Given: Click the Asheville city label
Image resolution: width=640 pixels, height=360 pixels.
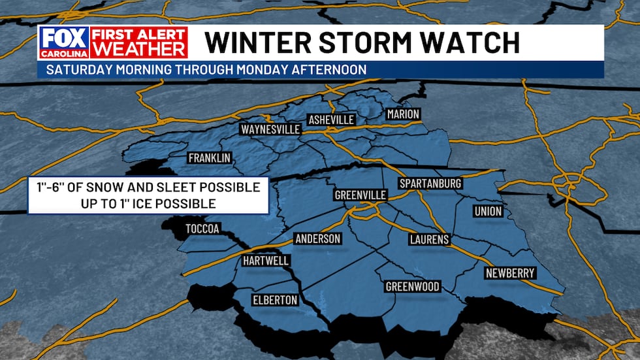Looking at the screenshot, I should tap(331, 120).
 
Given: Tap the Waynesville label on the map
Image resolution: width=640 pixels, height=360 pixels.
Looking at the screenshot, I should tap(270, 129).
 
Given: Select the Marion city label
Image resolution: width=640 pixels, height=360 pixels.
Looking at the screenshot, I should tap(403, 114).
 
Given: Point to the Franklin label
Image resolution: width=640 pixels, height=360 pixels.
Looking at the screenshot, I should tap(210, 158).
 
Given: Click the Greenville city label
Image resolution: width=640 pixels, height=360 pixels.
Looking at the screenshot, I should tap(360, 195).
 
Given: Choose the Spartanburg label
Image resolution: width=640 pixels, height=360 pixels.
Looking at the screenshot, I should tap(430, 184).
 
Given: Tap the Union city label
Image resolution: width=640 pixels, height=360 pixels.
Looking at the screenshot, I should tap(488, 211).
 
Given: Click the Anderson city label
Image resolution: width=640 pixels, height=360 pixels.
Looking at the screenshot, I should tap(318, 238).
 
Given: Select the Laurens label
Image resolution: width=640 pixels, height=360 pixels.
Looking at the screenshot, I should tap(429, 240).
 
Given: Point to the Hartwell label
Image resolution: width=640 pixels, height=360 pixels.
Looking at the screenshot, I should tap(266, 261).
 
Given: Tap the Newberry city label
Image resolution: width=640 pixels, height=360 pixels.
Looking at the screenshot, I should tap(510, 273).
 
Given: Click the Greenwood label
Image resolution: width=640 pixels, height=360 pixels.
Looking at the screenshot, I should tap(412, 287).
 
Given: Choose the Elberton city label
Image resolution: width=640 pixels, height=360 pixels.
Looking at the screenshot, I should tap(275, 301).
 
